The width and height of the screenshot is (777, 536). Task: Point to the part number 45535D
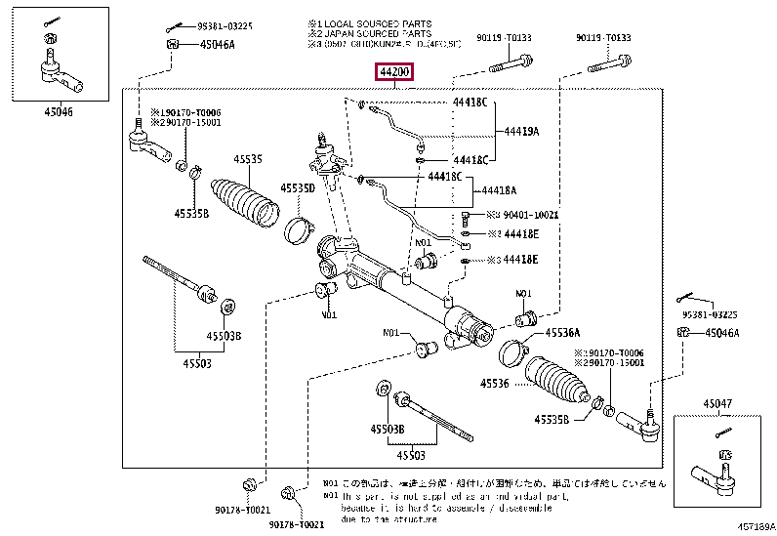click(x=297, y=187)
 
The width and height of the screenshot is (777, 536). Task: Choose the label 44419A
click(x=521, y=131)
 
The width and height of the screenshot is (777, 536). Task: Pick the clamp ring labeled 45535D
click(x=298, y=231)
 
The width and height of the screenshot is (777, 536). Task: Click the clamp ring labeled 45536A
click(x=512, y=349)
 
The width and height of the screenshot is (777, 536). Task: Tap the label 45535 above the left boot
click(x=247, y=158)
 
